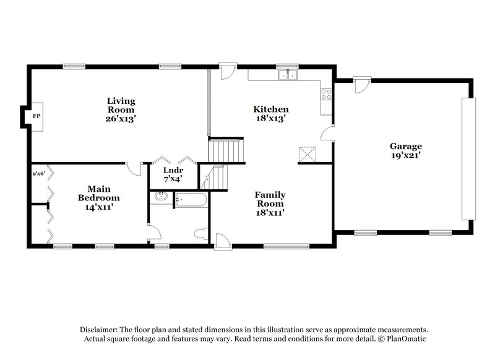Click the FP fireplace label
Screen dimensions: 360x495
point(36,116)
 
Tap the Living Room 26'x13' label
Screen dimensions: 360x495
point(121,109)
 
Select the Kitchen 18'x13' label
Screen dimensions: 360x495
point(271,114)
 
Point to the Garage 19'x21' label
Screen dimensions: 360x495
point(405,151)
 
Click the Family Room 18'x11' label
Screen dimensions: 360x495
point(270,204)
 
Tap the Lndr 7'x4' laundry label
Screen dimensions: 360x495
point(173,174)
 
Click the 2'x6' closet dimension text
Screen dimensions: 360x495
point(39,174)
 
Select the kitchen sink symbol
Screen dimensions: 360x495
point(288,76)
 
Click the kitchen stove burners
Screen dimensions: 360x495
point(325,95)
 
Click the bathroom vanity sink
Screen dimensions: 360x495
point(160,197)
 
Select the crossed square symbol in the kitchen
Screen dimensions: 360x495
point(308,153)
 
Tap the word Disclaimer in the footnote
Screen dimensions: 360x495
point(100,330)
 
